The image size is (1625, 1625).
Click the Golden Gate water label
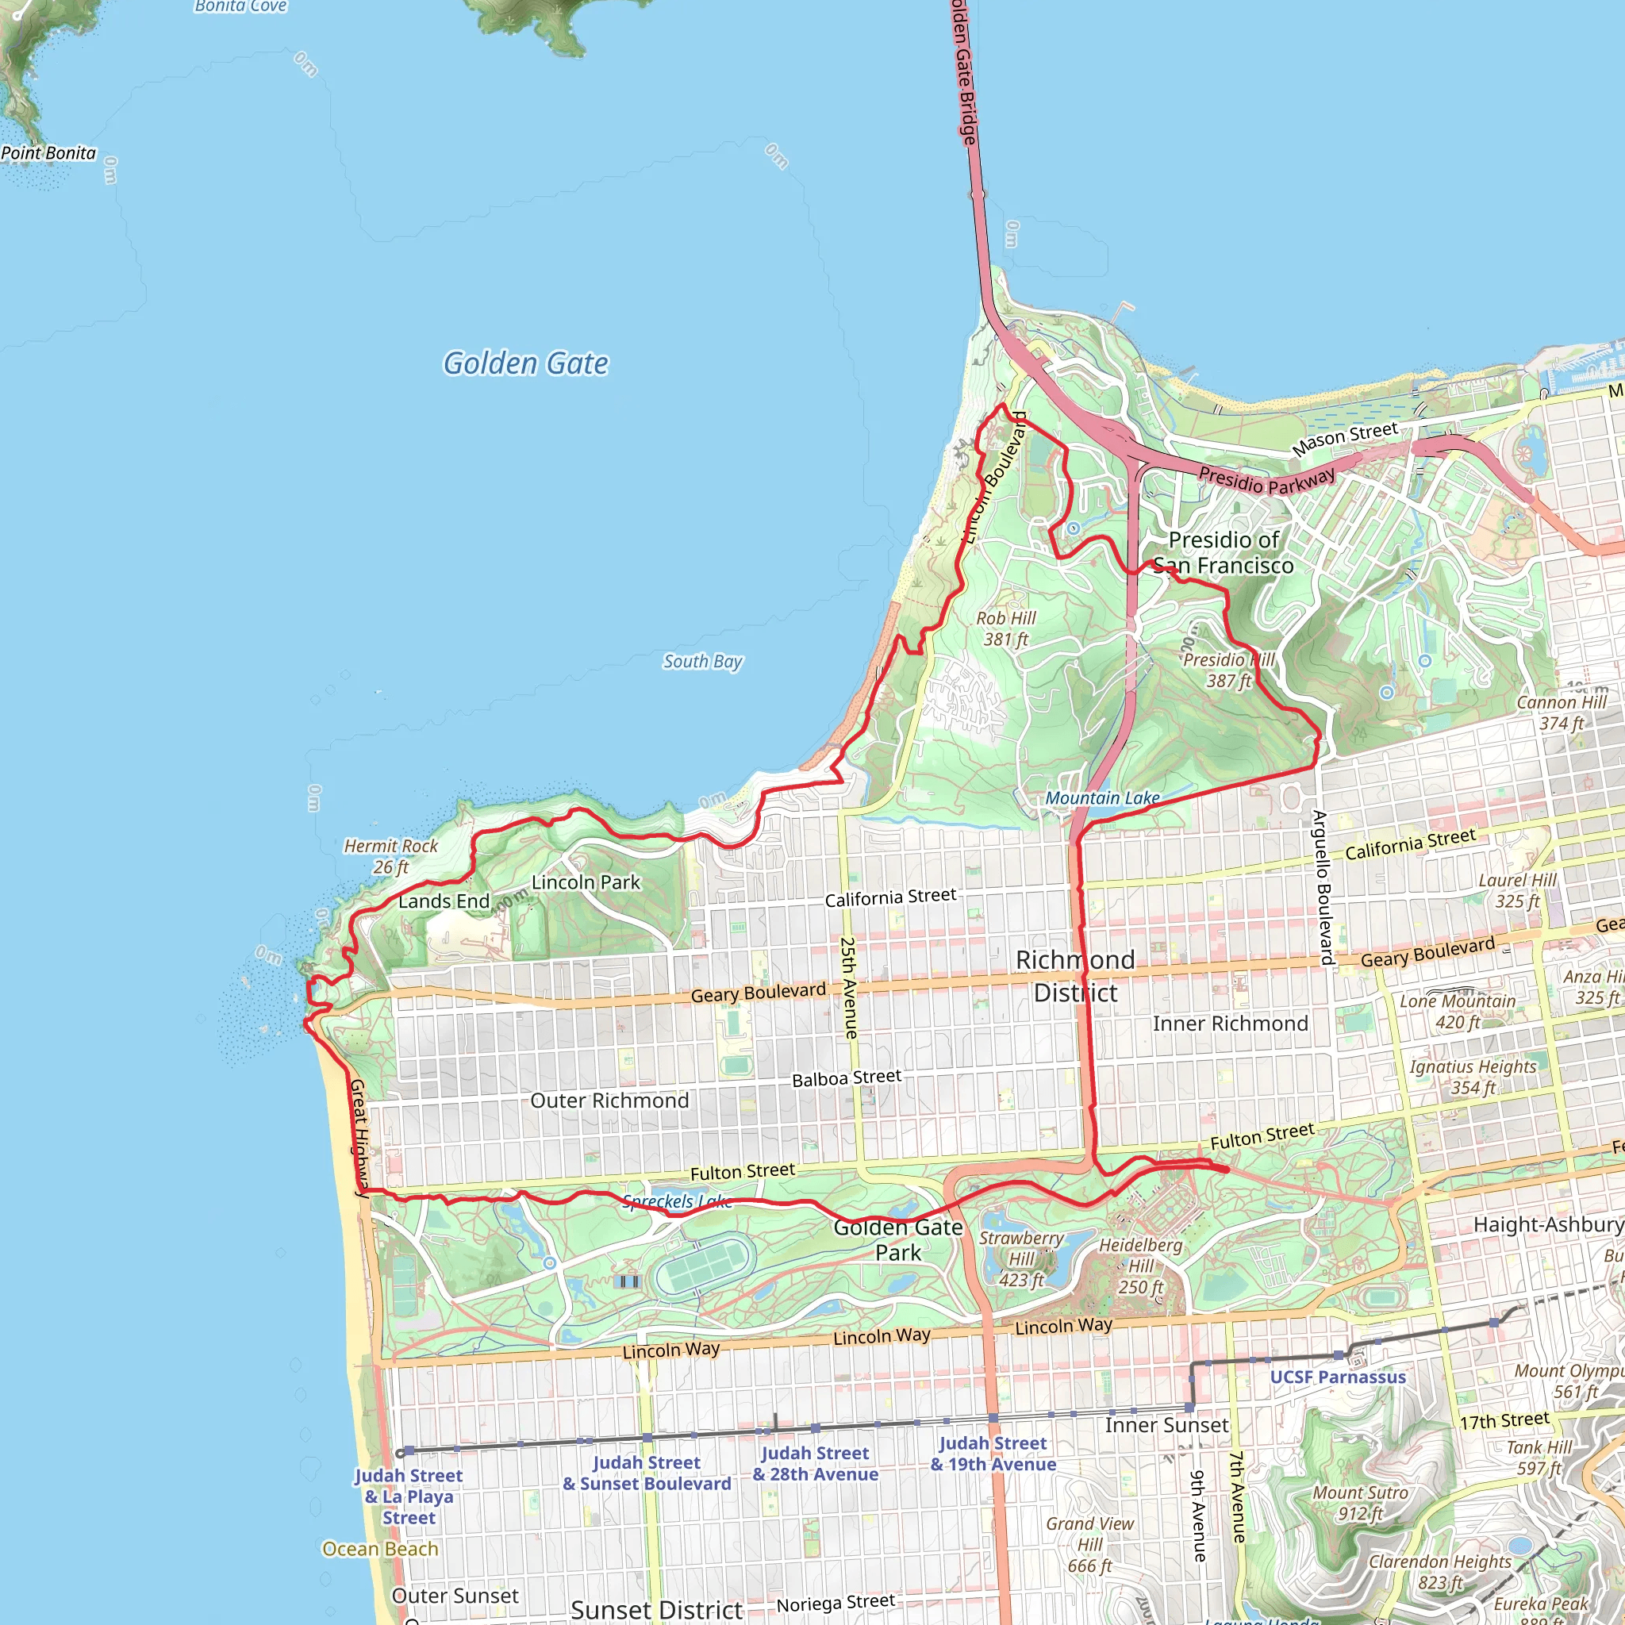[526, 363]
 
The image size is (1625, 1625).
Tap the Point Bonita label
[48, 153]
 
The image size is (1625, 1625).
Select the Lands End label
[444, 901]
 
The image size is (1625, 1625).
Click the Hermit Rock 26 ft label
[391, 856]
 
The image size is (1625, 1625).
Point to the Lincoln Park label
[586, 882]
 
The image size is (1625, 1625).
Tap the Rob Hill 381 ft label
[1006, 628]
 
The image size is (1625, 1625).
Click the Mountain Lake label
[1102, 797]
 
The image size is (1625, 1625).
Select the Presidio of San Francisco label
[1223, 552]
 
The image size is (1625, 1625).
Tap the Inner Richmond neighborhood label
[1230, 1024]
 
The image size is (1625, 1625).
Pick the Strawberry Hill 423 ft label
[1021, 1258]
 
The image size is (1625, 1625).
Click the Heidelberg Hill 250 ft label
[1140, 1265]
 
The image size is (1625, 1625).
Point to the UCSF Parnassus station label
[1337, 1377]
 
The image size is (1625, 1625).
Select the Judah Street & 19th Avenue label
[993, 1454]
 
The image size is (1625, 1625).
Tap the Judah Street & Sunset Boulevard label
[646, 1473]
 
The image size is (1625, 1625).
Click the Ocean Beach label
[380, 1549]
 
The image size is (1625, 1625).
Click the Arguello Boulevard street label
[1322, 887]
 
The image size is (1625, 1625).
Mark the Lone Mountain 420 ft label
[1458, 1011]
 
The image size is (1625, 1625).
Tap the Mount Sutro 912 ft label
[1360, 1503]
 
